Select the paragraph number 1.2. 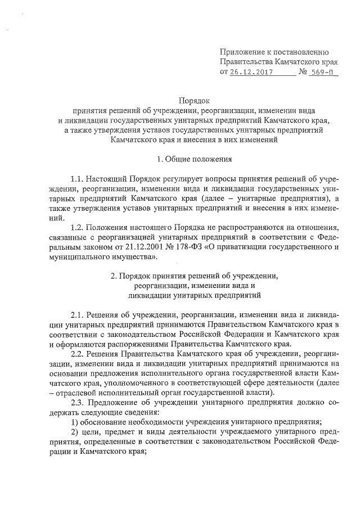79,227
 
